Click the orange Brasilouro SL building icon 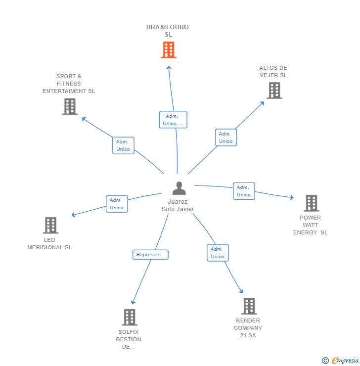coord(168,50)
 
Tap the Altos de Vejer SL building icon coord(274,91)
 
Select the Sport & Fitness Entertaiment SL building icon coord(70,106)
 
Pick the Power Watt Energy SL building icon coord(311,203)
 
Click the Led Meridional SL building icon coord(50,226)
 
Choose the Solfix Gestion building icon coord(129,317)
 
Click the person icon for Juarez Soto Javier coord(179,188)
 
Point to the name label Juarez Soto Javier coord(178,205)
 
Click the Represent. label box coord(150,255)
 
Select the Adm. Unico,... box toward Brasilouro coord(173,120)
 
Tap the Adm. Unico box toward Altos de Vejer coord(225,137)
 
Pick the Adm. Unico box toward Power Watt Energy coord(244,191)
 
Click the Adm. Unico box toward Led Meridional coord(117,204)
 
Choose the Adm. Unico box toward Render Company coord(218,253)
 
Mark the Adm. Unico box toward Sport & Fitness coord(123,145)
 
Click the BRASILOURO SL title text coord(168,31)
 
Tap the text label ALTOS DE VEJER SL coord(273,72)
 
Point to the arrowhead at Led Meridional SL coord(74,215)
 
